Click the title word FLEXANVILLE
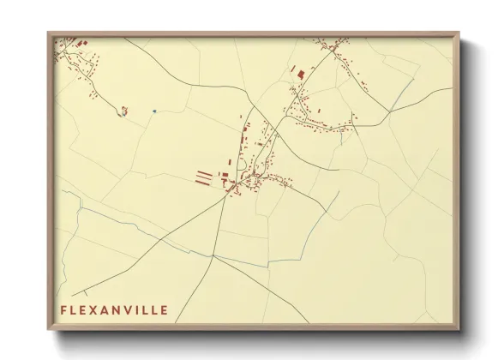click(114, 309)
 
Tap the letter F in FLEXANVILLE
click(63, 309)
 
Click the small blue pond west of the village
click(153, 111)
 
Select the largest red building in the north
click(301, 75)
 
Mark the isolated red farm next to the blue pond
click(124, 109)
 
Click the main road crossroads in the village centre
click(231, 190)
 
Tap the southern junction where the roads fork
click(213, 256)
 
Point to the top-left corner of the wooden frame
click(49, 33)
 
